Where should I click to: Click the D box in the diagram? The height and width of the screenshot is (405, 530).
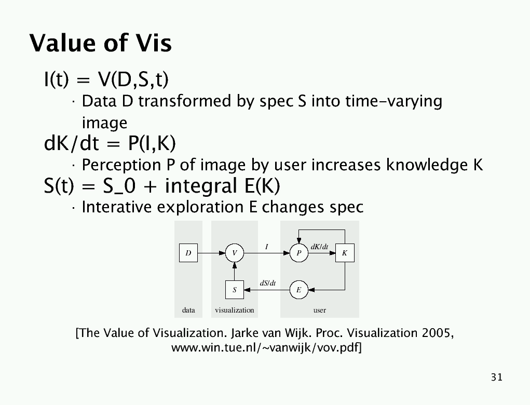pos(188,253)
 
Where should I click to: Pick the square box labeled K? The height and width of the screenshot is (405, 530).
pos(345,253)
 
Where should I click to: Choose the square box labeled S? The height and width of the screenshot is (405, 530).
pos(235,290)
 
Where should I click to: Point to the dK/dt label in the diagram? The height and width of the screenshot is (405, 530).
pos(319,247)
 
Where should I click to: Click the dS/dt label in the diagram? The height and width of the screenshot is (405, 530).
pos(268,283)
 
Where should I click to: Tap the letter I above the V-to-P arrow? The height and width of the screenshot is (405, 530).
pos(267,247)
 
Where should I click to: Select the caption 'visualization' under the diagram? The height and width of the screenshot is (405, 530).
pos(235,310)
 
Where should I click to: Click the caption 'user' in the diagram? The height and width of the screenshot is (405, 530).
pos(319,310)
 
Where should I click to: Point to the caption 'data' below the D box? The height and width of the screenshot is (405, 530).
pos(188,310)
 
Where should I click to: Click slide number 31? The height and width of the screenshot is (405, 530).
pos(497,377)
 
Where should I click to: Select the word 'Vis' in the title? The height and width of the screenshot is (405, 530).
pos(154,43)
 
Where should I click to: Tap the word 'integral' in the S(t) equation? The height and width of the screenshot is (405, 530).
pos(201,186)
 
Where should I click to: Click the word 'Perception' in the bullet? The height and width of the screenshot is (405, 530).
pos(121,165)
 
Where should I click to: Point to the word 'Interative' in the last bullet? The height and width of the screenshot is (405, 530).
pos(117,207)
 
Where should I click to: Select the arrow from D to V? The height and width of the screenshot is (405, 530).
pos(211,253)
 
